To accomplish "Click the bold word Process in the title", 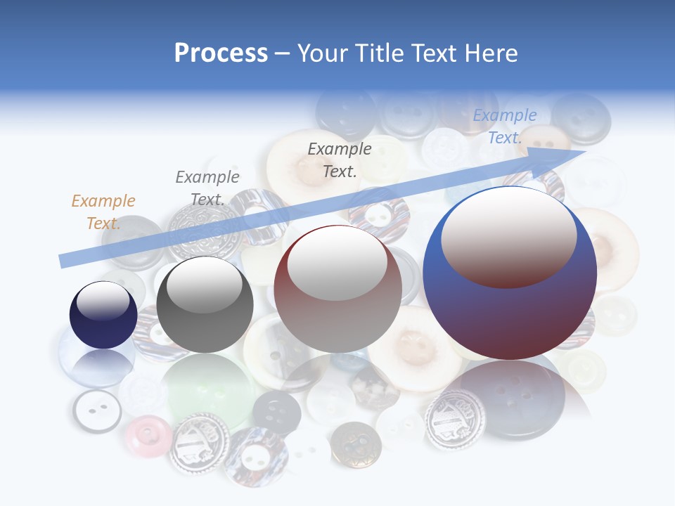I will (x=221, y=53).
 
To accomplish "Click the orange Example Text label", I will (x=103, y=212).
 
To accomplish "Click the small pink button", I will (x=148, y=436).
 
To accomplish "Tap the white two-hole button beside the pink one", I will (x=97, y=411).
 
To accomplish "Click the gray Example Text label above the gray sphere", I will (x=207, y=188).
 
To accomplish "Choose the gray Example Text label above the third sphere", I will (x=340, y=160).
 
